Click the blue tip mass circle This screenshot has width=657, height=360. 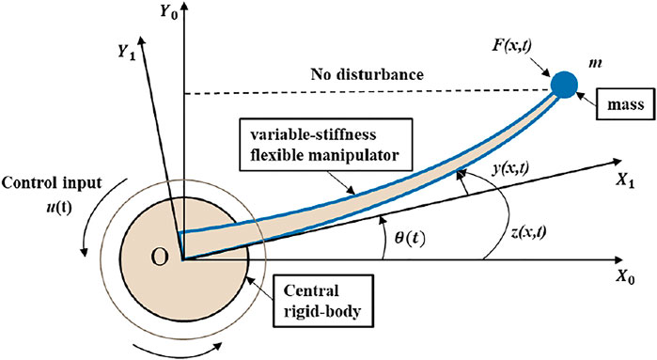565,84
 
